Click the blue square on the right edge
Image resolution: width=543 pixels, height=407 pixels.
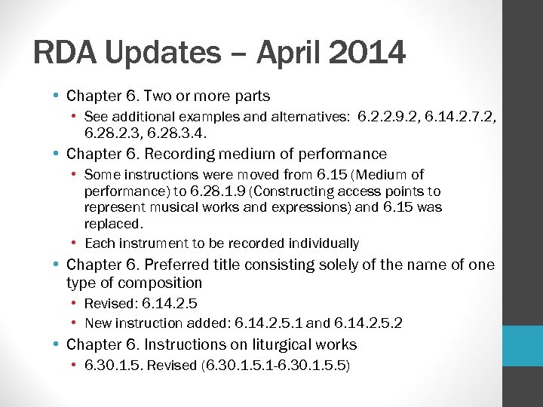coord(523,345)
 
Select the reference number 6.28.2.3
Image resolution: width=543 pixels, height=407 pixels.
coord(115,133)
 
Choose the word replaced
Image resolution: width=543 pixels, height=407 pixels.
coord(113,224)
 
